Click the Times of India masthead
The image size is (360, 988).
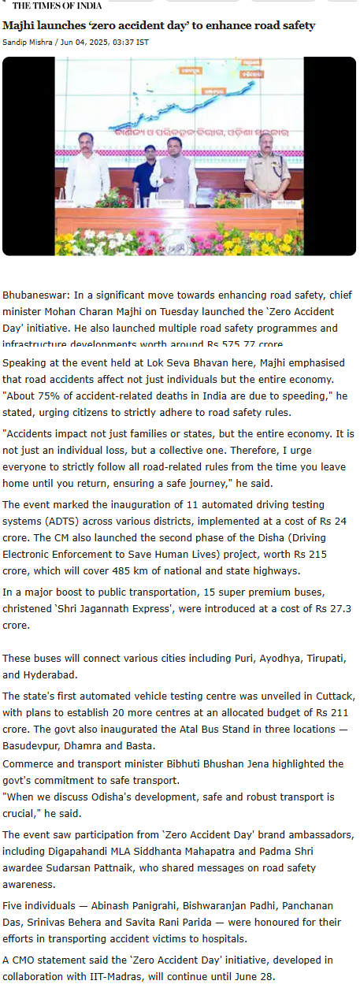pyautogui.click(x=56, y=6)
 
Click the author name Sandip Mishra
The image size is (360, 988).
pyautogui.click(x=28, y=41)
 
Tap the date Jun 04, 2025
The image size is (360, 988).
pyautogui.click(x=84, y=41)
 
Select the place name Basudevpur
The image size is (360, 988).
pyautogui.click(x=33, y=745)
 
